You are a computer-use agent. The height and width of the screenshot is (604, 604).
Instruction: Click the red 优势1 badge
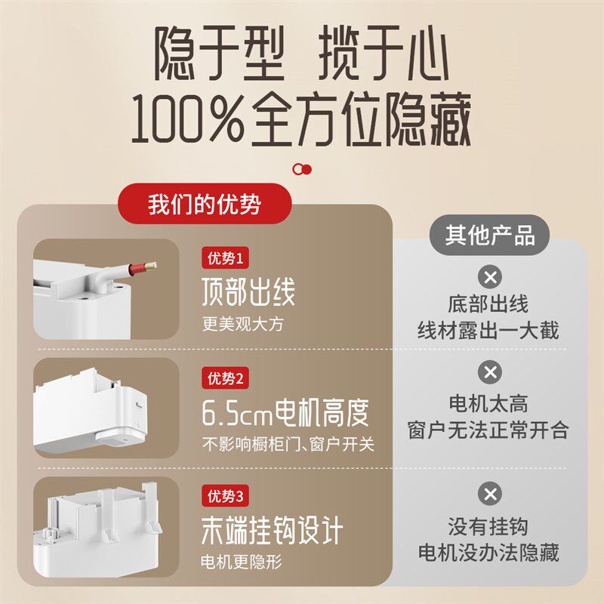[x=226, y=259]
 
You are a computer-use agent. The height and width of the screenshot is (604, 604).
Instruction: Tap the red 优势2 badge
[x=226, y=377]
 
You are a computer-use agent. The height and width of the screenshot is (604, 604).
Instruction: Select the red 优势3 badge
[x=226, y=496]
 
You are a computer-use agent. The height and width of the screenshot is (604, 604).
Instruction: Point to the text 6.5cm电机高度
[x=285, y=412]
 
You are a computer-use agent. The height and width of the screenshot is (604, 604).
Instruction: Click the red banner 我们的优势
[x=205, y=205]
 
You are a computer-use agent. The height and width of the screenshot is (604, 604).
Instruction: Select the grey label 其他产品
[x=490, y=236]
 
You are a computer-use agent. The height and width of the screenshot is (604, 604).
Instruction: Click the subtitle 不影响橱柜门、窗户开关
[x=288, y=444]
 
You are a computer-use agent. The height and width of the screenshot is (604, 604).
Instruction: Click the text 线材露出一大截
[x=489, y=331]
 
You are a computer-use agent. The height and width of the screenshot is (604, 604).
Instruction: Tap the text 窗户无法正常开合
[x=489, y=430]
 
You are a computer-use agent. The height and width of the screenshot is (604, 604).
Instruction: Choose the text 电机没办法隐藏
[x=489, y=552]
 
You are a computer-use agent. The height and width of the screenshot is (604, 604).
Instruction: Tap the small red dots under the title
[x=302, y=168]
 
